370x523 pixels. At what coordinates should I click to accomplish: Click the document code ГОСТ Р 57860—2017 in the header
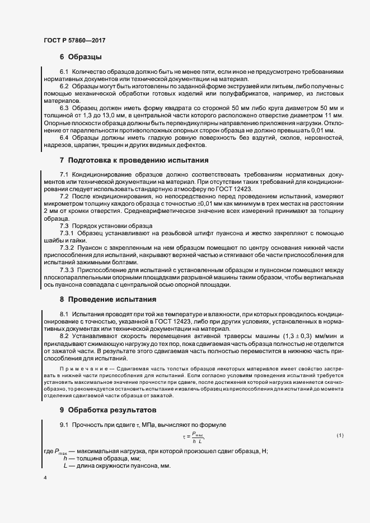point(74,41)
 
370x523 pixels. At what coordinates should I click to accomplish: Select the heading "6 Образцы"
point(80,57)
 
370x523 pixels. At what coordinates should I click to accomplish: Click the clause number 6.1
point(64,73)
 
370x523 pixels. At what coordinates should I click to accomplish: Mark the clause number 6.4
point(64,137)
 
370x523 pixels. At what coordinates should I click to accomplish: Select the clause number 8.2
point(64,336)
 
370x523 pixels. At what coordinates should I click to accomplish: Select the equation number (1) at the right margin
point(339,435)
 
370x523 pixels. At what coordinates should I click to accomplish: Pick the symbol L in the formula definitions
point(65,466)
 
